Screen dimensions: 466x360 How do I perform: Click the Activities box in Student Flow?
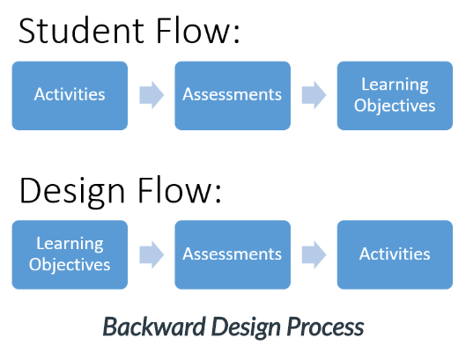point(70,96)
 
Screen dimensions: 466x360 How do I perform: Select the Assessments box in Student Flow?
point(233,96)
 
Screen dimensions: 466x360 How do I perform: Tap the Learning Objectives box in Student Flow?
point(395,96)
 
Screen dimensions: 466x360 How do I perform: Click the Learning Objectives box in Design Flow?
point(70,254)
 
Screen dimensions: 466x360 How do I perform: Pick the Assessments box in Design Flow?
point(233,254)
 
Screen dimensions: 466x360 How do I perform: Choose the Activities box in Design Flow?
point(395,254)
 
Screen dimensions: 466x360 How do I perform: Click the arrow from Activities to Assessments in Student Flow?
point(152,95)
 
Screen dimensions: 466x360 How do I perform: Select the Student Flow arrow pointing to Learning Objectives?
point(314,95)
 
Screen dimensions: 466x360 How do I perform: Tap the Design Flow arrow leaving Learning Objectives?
point(152,254)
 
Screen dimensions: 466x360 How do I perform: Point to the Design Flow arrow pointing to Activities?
point(314,254)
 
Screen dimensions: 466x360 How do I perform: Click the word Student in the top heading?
point(81,31)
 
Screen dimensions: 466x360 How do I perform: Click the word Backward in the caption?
point(154,327)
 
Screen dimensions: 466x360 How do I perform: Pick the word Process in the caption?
point(325,327)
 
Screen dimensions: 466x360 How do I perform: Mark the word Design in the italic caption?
point(246,327)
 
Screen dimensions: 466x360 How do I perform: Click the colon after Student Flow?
point(237,35)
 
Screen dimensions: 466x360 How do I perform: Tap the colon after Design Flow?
point(218,195)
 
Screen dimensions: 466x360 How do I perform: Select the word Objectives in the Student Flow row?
point(395,107)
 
